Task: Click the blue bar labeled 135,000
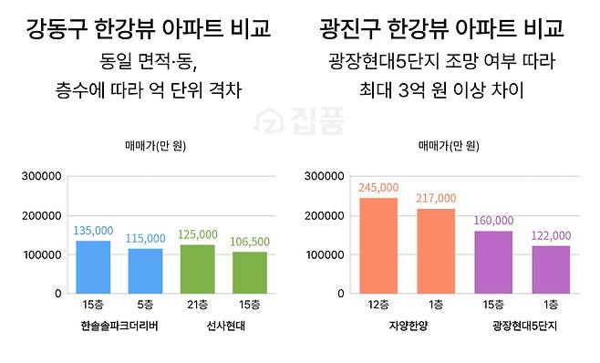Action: click(92, 267)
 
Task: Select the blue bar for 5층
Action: click(145, 271)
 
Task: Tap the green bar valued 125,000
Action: click(198, 269)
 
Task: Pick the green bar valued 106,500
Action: click(250, 273)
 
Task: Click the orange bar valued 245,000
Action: click(378, 245)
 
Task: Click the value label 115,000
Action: click(144, 238)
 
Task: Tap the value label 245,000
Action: click(378, 187)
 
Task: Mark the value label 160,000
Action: click(493, 220)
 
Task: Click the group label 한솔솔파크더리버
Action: click(119, 326)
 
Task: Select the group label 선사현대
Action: click(223, 326)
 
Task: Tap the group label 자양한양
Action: click(407, 326)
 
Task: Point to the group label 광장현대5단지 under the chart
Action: click(522, 326)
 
